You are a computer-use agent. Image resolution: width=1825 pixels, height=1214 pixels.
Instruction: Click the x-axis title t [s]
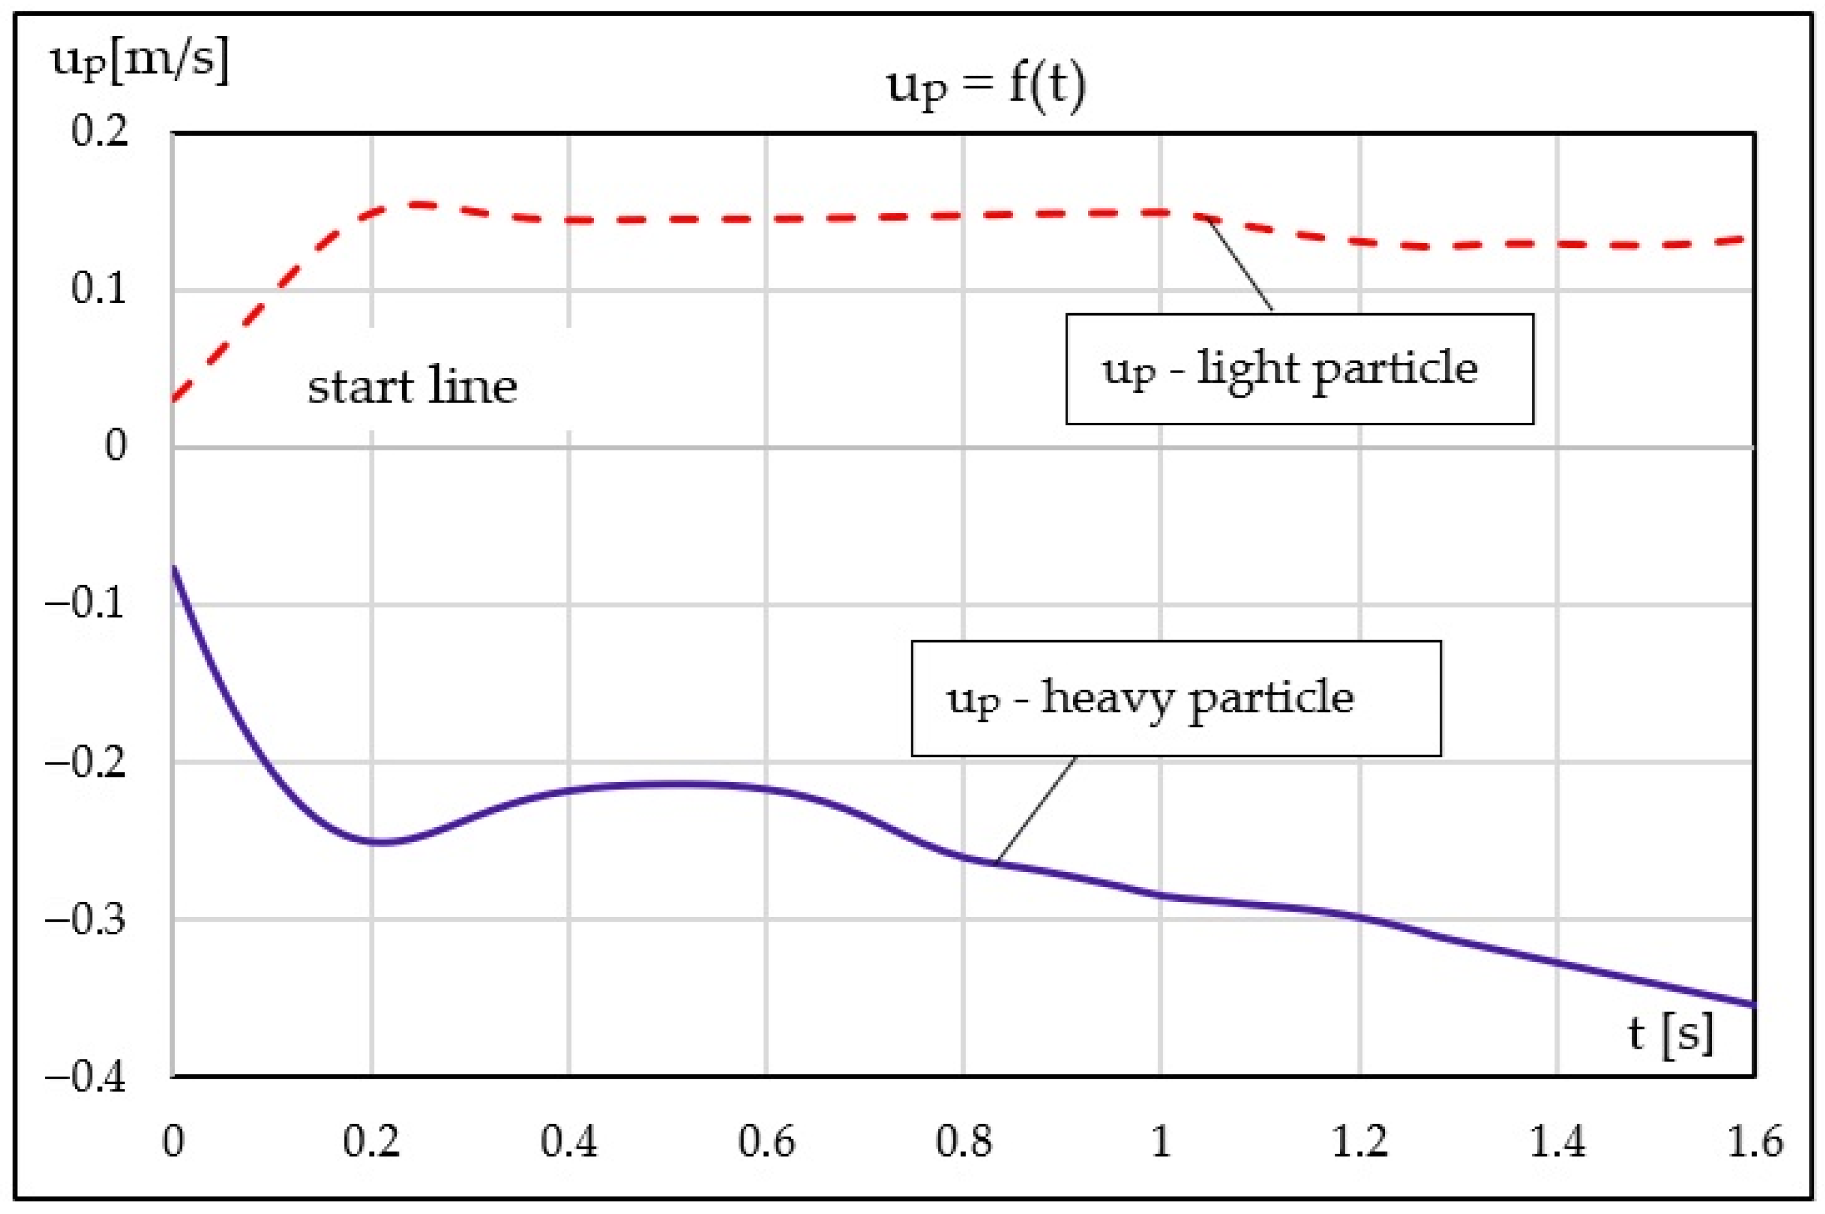coord(1670,1034)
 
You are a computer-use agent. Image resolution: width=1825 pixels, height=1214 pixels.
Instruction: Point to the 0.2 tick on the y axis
coord(99,131)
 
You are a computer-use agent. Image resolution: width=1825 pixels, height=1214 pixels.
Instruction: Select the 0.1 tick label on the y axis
coord(99,289)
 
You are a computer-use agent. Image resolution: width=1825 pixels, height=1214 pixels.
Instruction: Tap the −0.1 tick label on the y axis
coord(85,603)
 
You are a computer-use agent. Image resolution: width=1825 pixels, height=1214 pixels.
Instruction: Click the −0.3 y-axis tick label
coord(85,920)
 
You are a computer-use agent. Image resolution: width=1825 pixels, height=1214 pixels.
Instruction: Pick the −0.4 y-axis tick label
coord(85,1077)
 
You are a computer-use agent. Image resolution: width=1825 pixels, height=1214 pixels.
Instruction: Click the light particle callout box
coord(1299,368)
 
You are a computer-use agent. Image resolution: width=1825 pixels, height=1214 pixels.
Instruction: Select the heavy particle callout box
coord(1175,698)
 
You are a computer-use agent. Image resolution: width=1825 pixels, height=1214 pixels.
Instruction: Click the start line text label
coord(412,386)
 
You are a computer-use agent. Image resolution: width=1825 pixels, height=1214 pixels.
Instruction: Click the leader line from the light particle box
coord(1240,264)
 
